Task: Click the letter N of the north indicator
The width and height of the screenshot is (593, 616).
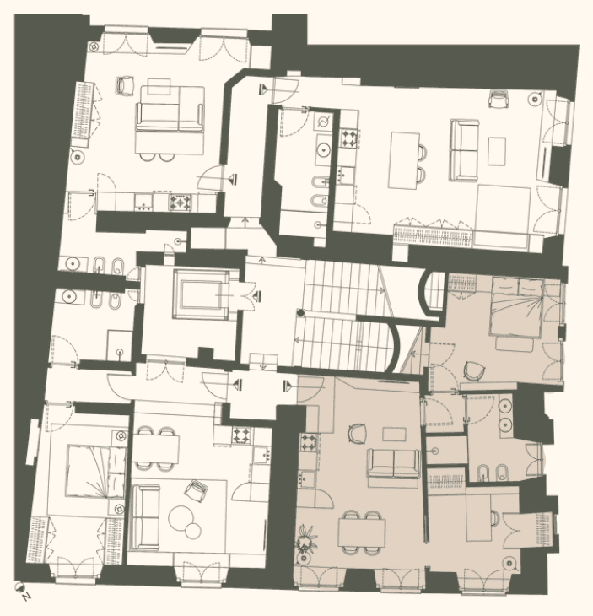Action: click(x=26, y=597)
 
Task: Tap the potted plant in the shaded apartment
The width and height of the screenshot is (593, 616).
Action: click(x=305, y=539)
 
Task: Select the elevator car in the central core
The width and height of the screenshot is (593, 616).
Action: click(x=201, y=294)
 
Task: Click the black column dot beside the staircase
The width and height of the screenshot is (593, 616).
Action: click(x=301, y=313)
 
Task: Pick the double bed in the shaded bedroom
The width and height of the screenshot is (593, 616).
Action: click(x=515, y=306)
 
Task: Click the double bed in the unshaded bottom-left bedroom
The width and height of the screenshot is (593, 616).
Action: click(x=96, y=471)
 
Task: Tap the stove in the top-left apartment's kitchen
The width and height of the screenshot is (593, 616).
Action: click(x=181, y=203)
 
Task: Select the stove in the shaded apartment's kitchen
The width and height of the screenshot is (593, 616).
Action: click(x=309, y=442)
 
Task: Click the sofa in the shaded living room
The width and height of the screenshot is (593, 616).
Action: click(x=393, y=463)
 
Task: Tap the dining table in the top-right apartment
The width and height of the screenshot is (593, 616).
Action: click(x=404, y=160)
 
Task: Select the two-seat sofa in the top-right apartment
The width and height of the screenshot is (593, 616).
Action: click(x=465, y=150)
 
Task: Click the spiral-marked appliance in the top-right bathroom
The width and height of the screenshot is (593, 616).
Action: click(x=324, y=122)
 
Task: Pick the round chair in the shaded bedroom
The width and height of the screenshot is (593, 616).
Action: click(x=474, y=370)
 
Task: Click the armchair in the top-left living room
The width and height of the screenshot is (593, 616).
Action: click(x=126, y=85)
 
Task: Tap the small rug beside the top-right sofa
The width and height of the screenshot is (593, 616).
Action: click(x=496, y=151)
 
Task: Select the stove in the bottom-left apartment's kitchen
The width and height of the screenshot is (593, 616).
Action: click(x=241, y=435)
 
